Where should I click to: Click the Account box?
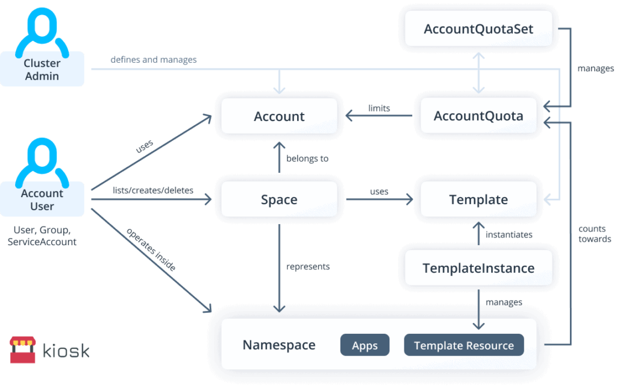(x=279, y=116)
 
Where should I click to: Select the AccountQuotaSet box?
(x=478, y=29)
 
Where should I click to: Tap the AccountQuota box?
(x=478, y=116)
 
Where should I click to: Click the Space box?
(x=279, y=199)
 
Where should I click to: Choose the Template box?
(x=478, y=199)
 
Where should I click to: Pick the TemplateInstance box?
(x=478, y=268)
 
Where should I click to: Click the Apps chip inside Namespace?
(x=365, y=345)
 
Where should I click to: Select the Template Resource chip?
(x=463, y=345)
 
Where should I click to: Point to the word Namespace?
(x=279, y=345)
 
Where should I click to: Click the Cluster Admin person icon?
(x=42, y=30)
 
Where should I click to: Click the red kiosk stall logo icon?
(x=22, y=350)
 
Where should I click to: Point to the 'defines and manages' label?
(x=153, y=60)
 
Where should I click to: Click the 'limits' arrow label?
(x=379, y=108)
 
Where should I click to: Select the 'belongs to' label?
(x=307, y=158)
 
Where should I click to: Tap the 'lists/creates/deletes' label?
(x=153, y=190)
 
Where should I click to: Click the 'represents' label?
(x=308, y=266)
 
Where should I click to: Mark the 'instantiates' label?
(x=509, y=234)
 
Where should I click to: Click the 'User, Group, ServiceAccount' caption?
(x=42, y=236)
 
